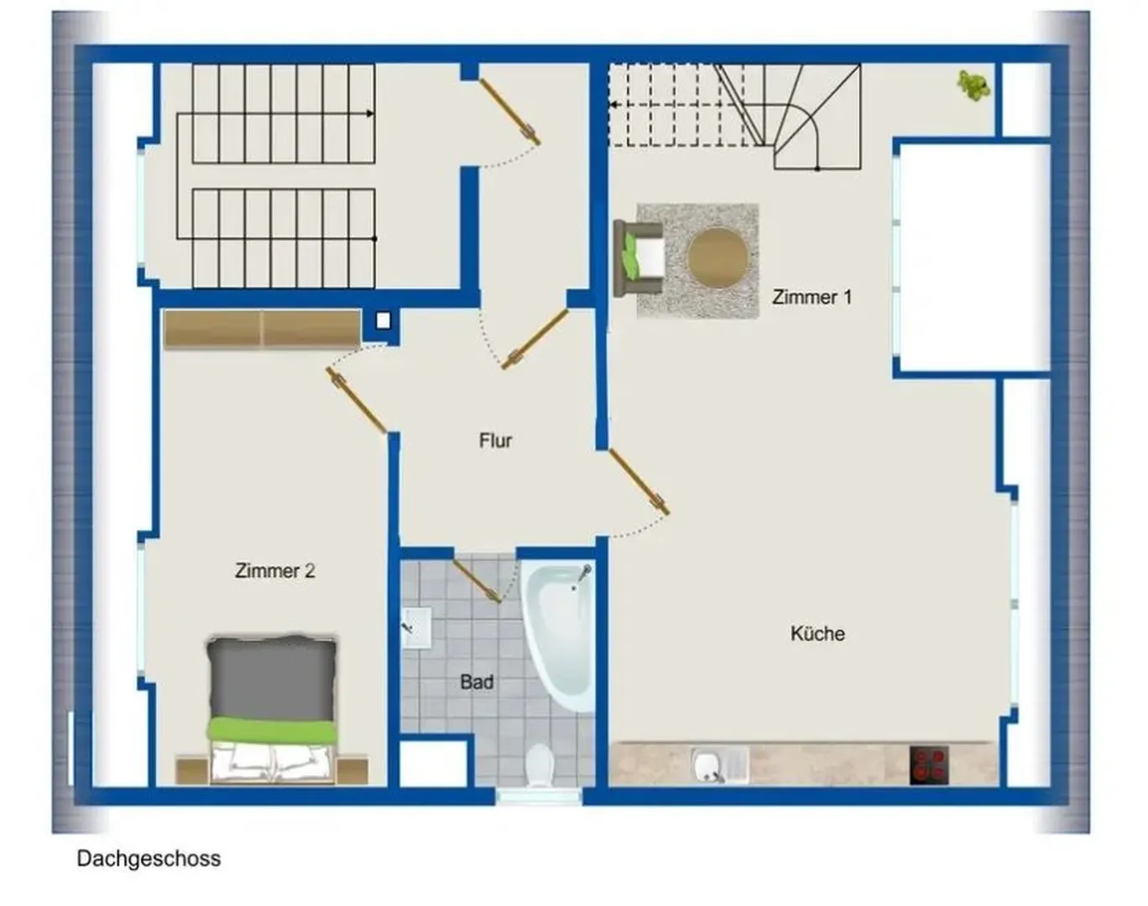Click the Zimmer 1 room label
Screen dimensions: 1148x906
(x=811, y=297)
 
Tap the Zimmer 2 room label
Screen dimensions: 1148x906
(x=274, y=570)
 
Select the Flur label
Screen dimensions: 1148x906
(x=496, y=440)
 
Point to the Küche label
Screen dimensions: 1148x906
(x=817, y=633)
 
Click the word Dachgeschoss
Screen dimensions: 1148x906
(x=149, y=858)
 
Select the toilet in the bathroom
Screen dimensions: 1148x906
(x=540, y=766)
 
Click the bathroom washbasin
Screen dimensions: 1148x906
(x=416, y=627)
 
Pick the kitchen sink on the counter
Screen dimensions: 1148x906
(x=720, y=765)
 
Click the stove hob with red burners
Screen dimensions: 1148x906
(x=929, y=765)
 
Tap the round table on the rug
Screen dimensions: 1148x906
(x=717, y=258)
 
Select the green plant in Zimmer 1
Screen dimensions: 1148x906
(x=973, y=86)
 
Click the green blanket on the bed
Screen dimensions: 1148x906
(x=272, y=730)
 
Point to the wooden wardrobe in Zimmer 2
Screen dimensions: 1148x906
(x=262, y=330)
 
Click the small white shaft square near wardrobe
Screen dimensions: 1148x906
(x=383, y=321)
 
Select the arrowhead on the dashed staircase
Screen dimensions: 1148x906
(x=613, y=105)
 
